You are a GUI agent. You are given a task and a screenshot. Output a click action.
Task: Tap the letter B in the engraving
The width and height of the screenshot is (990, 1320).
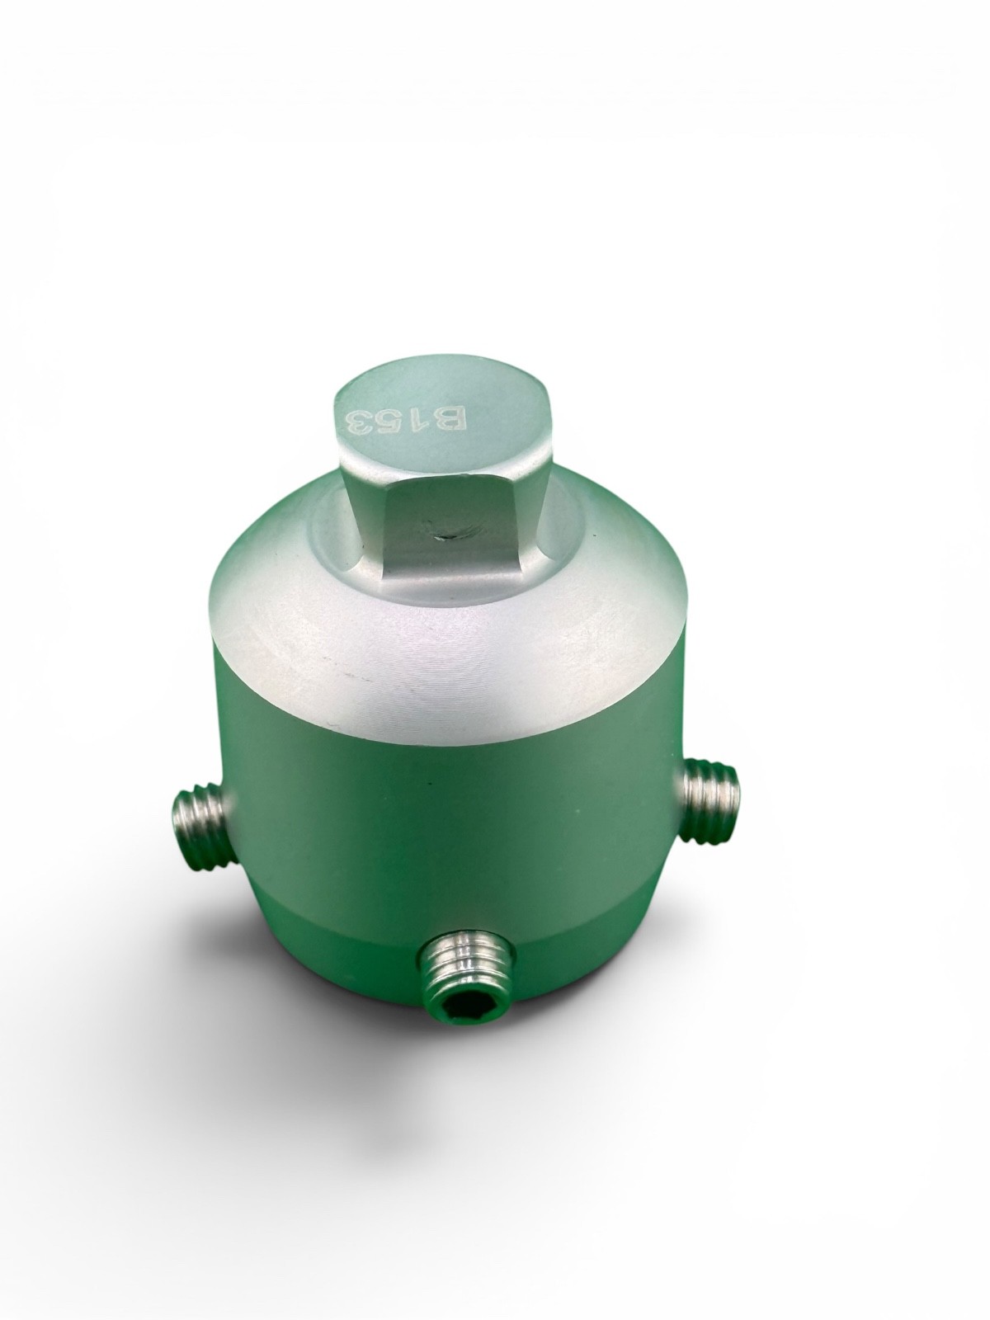coord(451,422)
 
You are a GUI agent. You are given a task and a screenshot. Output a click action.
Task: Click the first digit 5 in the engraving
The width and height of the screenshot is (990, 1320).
coord(391,422)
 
